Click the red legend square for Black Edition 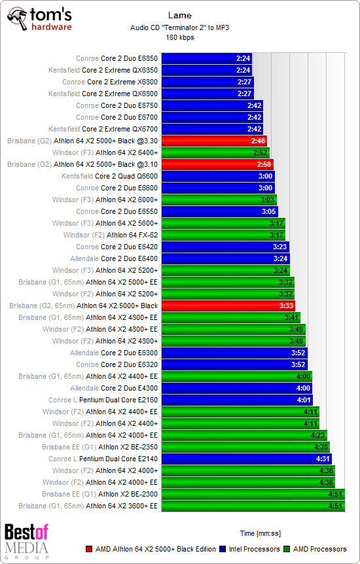(x=89, y=549)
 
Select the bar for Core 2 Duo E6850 (x=206, y=58)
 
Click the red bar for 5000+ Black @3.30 (x=213, y=141)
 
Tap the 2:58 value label (x=264, y=164)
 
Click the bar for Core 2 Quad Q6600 (x=217, y=176)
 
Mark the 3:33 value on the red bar (x=286, y=306)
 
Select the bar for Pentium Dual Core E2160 (x=236, y=400)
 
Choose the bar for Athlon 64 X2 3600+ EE (x=252, y=506)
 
